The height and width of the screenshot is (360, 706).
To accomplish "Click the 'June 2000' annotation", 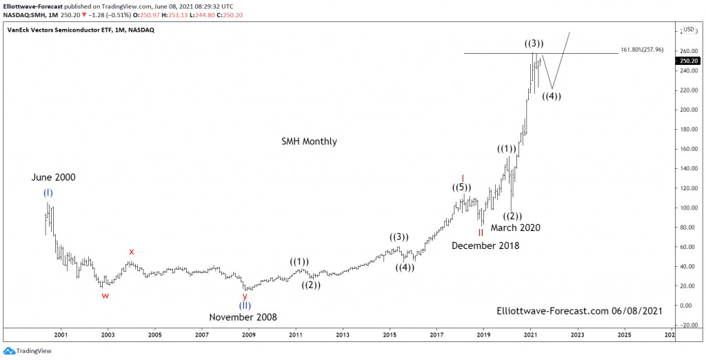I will click(53, 177).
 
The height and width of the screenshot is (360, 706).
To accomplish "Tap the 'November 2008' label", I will click(243, 317).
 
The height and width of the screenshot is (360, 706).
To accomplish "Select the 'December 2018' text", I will click(485, 246).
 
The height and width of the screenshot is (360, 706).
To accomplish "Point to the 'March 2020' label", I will click(515, 228).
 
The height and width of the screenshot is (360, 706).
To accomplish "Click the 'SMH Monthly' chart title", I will click(309, 141).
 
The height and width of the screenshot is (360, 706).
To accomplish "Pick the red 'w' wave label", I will click(105, 295).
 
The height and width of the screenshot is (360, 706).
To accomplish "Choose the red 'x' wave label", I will click(131, 252).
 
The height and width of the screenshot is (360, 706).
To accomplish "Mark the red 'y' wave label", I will click(245, 295).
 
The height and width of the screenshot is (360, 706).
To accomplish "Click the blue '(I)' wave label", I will click(48, 192).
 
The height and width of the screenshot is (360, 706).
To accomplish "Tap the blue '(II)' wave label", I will click(245, 306).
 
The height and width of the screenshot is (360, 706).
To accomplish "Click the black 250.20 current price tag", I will click(689, 61).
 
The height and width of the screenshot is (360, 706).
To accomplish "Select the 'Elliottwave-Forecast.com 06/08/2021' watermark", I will click(579, 312).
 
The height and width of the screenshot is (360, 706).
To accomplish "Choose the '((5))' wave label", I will click(462, 188).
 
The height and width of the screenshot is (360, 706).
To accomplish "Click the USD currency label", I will click(689, 30).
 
